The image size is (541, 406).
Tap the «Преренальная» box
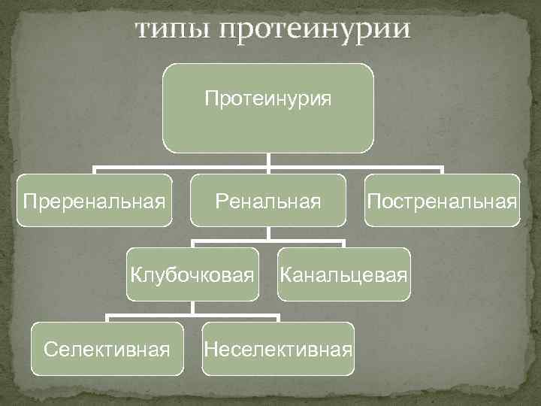[x=94, y=200]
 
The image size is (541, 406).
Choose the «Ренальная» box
[x=268, y=200]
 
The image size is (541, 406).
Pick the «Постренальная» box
[x=442, y=200]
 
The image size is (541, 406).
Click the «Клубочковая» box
[x=192, y=274]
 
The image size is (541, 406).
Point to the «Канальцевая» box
[x=343, y=274]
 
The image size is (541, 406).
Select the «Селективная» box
[x=107, y=348]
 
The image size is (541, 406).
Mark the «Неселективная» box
[x=278, y=348]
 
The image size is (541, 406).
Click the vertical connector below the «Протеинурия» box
[x=269, y=159]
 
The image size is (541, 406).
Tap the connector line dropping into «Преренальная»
[x=95, y=170]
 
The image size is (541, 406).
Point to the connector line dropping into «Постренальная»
[x=443, y=170]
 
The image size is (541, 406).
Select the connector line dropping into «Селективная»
[x=107, y=318]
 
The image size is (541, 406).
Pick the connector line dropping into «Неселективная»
[x=278, y=318]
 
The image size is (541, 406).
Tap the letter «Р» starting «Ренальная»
[x=221, y=201]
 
